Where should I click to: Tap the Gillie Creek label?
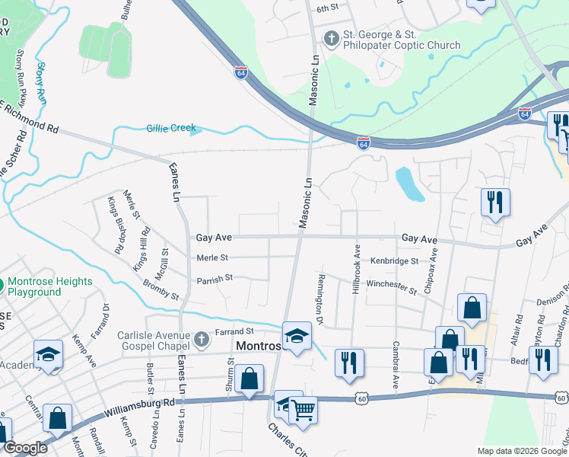point(171,128)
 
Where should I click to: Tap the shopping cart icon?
point(303,411)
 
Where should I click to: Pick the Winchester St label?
point(392,286)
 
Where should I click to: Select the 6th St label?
point(327,8)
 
